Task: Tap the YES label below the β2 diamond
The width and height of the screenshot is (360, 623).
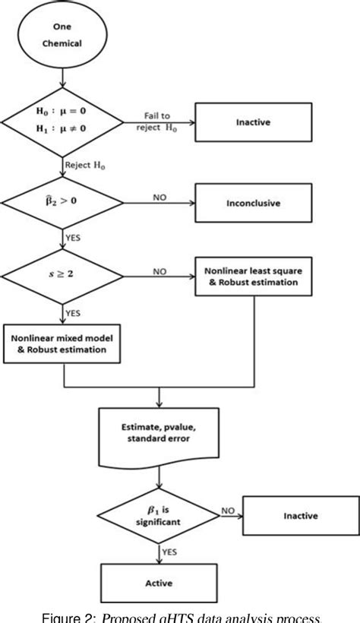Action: pyautogui.click(x=75, y=238)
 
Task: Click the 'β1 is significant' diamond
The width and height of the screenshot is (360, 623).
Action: pyautogui.click(x=158, y=517)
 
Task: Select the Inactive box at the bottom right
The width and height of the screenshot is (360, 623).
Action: pyautogui.click(x=302, y=517)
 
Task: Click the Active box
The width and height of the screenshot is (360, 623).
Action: pyautogui.click(x=158, y=584)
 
